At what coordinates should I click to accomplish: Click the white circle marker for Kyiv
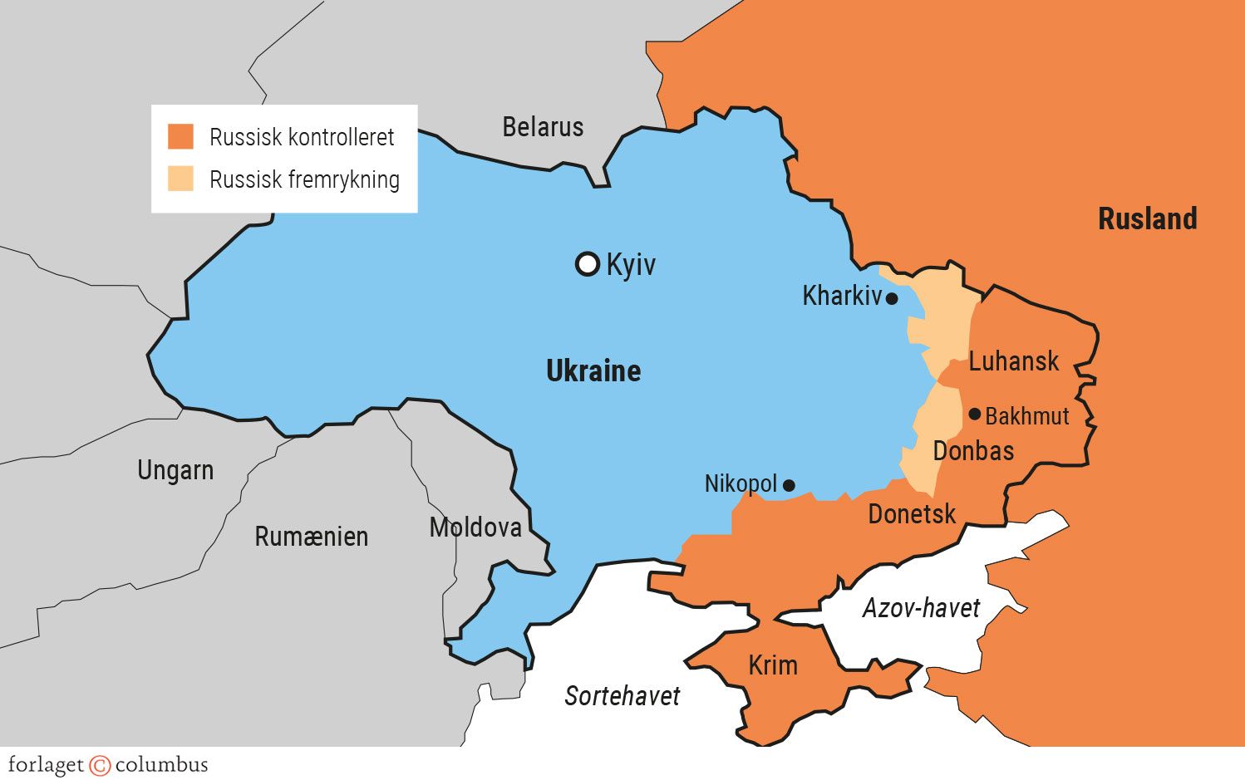588,264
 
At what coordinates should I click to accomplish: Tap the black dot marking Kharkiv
892,298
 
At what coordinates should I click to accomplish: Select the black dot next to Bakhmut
975,414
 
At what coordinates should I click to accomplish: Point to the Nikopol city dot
789,485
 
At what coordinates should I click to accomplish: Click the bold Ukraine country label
593,370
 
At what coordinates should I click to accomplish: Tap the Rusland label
1147,219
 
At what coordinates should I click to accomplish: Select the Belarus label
543,127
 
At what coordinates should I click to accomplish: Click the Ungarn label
175,470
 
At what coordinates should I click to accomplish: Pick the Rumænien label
311,537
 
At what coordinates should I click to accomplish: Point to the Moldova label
475,527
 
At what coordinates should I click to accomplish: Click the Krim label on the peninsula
773,665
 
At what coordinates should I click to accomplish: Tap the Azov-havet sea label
921,608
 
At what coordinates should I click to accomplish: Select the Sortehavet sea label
622,695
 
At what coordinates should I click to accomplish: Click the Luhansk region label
1014,361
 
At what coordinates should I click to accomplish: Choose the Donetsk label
912,514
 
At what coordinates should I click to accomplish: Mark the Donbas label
973,451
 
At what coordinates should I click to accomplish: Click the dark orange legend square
180,136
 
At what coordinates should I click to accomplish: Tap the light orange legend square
180,179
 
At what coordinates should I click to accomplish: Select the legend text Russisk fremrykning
304,179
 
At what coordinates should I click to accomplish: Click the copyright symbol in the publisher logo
100,765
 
